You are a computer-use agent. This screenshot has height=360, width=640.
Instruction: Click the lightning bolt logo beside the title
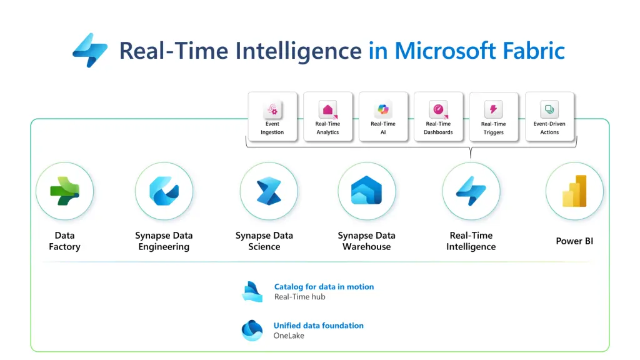click(x=90, y=51)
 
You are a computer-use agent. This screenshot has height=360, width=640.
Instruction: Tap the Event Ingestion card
click(x=272, y=116)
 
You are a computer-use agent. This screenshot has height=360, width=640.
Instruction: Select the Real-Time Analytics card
click(x=327, y=116)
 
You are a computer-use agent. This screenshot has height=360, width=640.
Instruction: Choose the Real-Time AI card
click(x=383, y=116)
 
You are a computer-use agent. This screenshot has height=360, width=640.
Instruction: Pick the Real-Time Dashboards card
click(x=438, y=116)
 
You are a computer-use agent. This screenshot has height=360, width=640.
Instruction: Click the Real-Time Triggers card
click(x=493, y=116)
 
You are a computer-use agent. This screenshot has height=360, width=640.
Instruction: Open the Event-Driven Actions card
click(x=549, y=116)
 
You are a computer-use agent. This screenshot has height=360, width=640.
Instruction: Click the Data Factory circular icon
click(x=64, y=191)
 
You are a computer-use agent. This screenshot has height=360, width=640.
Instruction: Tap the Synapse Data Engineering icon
click(x=164, y=191)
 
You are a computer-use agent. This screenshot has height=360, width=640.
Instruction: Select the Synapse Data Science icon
click(x=264, y=191)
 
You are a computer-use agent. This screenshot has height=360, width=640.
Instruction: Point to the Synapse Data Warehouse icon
click(x=367, y=191)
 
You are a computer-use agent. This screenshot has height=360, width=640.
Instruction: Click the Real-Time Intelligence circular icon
click(x=471, y=191)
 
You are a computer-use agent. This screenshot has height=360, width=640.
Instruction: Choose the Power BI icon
click(x=574, y=191)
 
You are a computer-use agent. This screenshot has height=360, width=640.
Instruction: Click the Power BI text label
click(x=574, y=241)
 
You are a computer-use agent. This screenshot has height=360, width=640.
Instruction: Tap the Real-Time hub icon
click(x=252, y=291)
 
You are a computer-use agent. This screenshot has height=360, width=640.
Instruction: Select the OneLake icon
click(x=252, y=330)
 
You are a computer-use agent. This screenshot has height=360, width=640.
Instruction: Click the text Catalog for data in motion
click(x=324, y=287)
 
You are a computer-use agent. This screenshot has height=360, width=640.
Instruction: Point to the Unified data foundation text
click(x=318, y=326)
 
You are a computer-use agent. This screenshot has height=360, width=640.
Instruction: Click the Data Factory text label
click(x=64, y=241)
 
